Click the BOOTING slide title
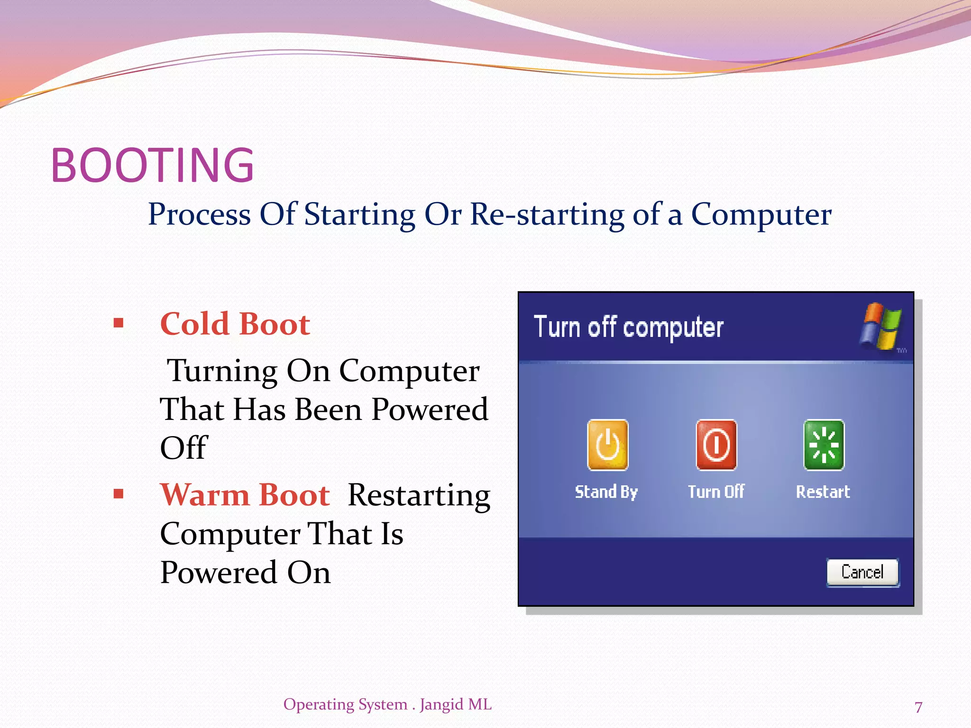(x=152, y=165)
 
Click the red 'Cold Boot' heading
(x=235, y=324)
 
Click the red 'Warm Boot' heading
(x=245, y=495)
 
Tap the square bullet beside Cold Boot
(x=119, y=324)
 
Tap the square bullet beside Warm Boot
(x=119, y=494)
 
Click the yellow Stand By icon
(x=607, y=445)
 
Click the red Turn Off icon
(x=716, y=445)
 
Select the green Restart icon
(x=824, y=445)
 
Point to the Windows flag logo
(x=880, y=326)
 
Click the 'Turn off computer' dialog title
(x=628, y=327)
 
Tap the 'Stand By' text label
(x=606, y=492)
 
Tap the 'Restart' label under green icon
(x=823, y=492)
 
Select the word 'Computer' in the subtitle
(x=760, y=215)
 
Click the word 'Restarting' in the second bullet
(x=419, y=496)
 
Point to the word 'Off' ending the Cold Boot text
(x=183, y=448)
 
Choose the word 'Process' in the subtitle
(x=199, y=215)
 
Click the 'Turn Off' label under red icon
(x=716, y=492)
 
